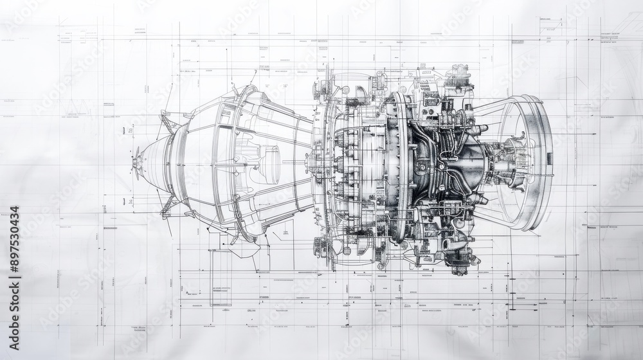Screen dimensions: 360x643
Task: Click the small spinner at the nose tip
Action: (x=136, y=160)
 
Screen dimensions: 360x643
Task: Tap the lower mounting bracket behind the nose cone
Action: (x=168, y=204)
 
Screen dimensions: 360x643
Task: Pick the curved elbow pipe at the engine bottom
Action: (x=454, y=245)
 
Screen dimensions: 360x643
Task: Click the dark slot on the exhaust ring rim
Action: (x=548, y=158)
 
